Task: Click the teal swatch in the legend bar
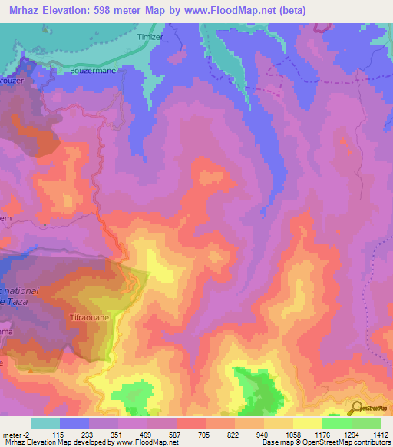coord(45,423)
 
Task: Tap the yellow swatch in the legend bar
coord(307,423)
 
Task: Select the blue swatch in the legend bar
coord(74,423)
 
